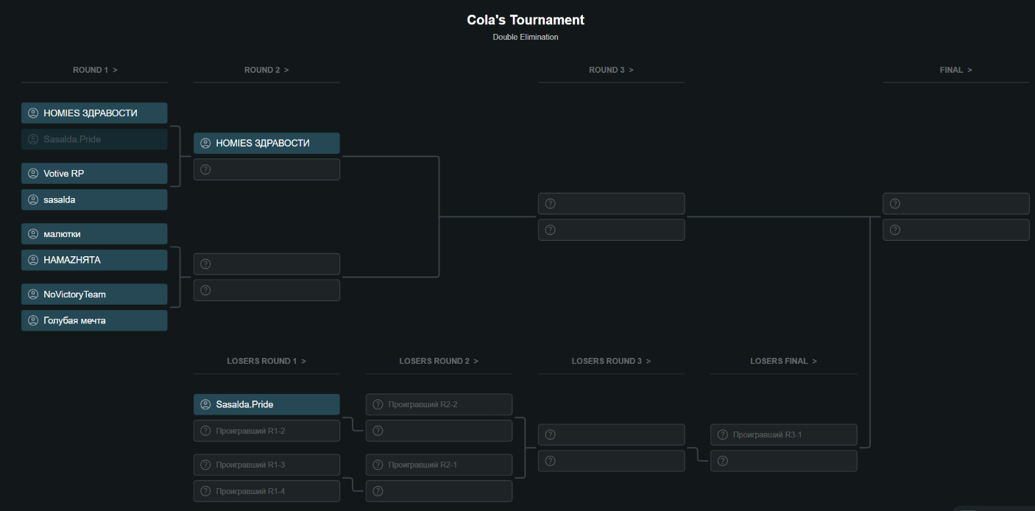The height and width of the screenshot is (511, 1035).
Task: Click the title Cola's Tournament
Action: click(526, 20)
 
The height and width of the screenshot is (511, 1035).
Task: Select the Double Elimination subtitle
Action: click(526, 37)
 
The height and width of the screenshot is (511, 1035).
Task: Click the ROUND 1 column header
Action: click(95, 70)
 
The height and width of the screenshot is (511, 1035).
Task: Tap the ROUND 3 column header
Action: click(611, 70)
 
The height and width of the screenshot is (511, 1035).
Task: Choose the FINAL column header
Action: click(955, 70)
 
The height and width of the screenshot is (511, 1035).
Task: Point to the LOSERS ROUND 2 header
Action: click(439, 361)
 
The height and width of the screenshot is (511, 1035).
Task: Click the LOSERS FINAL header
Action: click(783, 361)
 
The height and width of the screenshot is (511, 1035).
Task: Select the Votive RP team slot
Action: click(94, 174)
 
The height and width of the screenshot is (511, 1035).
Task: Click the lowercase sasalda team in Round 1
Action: click(94, 200)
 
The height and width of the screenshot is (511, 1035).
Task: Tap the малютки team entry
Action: click(94, 234)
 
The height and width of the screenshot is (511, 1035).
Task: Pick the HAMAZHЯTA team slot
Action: click(94, 260)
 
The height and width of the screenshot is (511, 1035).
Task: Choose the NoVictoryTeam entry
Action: click(94, 295)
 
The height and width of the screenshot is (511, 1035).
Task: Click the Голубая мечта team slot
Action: click(94, 320)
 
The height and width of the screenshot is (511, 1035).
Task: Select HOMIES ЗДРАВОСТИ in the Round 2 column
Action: click(266, 143)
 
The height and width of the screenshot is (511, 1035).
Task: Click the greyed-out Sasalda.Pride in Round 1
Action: click(94, 139)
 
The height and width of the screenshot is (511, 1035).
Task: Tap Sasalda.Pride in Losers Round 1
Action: click(266, 404)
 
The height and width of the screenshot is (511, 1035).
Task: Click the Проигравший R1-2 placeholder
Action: click(266, 431)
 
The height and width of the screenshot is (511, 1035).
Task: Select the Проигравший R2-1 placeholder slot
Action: click(439, 465)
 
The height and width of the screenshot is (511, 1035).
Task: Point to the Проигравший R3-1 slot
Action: click(783, 434)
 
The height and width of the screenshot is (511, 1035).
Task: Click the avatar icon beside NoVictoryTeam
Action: click(33, 295)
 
